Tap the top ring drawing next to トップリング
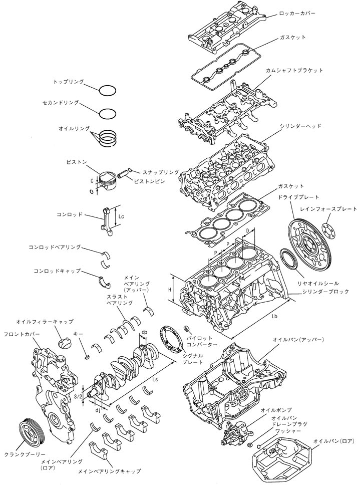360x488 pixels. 108,91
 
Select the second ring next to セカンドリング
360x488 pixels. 108,113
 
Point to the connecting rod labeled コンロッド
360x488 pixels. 109,219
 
